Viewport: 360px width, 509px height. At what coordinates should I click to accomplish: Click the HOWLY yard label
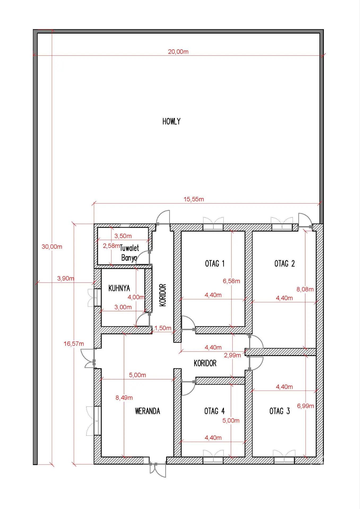click(x=171, y=121)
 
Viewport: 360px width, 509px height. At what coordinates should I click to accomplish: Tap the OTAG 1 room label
click(x=215, y=264)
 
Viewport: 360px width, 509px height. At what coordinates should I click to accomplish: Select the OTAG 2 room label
click(x=284, y=264)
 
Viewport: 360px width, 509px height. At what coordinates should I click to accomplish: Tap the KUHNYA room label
click(x=119, y=288)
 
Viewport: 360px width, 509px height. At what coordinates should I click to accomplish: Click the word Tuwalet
click(x=129, y=248)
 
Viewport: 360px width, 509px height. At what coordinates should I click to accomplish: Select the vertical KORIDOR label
click(x=163, y=295)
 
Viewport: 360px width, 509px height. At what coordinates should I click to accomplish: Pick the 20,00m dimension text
click(x=178, y=52)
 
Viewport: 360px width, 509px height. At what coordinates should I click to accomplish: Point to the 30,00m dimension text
click(x=52, y=247)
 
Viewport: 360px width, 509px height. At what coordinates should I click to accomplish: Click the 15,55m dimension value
click(x=194, y=199)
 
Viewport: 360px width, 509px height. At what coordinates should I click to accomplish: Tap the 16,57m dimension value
click(x=74, y=344)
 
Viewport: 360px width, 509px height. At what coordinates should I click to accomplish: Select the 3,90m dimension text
click(x=66, y=278)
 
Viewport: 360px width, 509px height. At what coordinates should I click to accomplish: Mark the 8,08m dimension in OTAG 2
click(x=305, y=289)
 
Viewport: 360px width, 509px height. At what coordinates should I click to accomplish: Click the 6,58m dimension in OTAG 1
click(x=231, y=281)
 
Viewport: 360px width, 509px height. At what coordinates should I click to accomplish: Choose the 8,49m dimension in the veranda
click(x=124, y=398)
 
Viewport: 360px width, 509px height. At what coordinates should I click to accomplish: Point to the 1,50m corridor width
click(x=163, y=328)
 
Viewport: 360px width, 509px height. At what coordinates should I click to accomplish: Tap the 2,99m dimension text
click(x=232, y=355)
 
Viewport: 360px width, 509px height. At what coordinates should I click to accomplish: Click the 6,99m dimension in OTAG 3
click(x=305, y=406)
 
